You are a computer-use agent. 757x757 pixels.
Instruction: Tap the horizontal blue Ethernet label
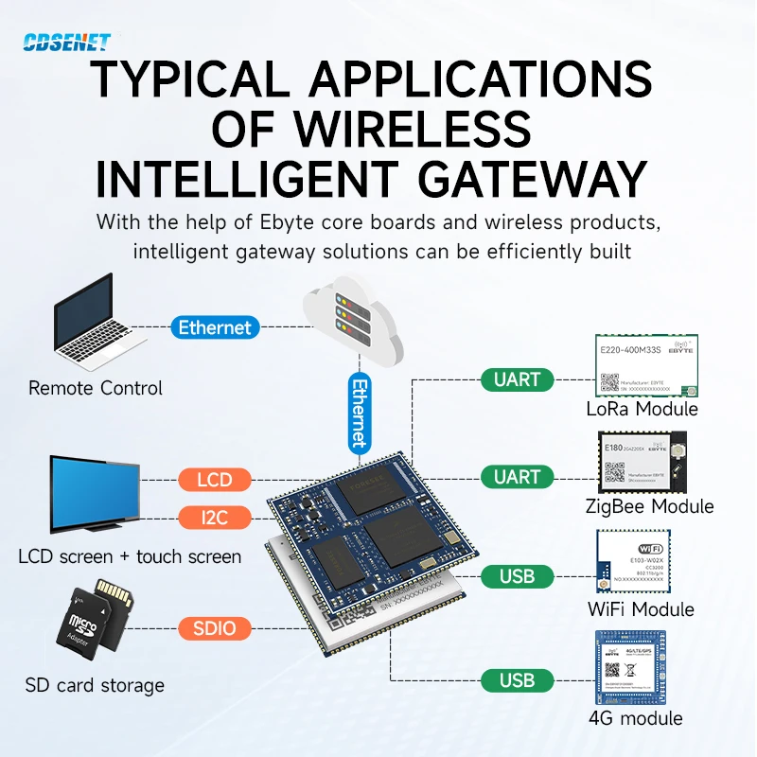[x=215, y=327]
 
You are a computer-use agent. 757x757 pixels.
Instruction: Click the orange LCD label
[x=215, y=479]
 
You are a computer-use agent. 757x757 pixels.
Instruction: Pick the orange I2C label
[x=215, y=517]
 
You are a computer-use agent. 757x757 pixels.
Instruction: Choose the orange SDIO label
[x=215, y=627]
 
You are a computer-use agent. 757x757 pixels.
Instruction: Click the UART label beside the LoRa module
[x=517, y=379]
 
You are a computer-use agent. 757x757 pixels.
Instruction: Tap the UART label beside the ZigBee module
[x=517, y=477]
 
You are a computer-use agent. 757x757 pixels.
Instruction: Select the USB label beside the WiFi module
[x=517, y=575]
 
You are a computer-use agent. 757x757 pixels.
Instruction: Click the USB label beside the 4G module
[x=517, y=679]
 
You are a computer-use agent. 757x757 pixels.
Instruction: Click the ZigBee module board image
[x=646, y=464]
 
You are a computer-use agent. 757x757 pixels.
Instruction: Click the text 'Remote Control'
[x=96, y=388]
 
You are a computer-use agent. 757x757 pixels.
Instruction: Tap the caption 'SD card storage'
[x=95, y=685]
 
